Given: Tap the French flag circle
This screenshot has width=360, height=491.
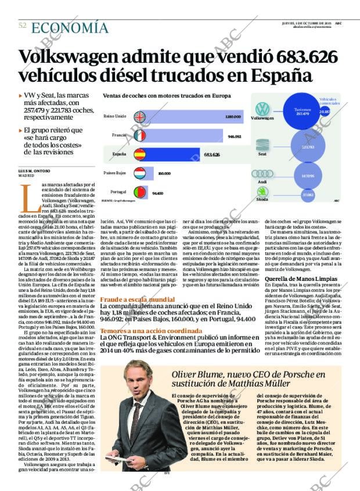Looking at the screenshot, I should [x=139, y=136].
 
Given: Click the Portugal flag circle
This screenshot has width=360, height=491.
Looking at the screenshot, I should [x=139, y=193].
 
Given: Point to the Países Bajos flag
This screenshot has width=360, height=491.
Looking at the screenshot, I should [x=139, y=174].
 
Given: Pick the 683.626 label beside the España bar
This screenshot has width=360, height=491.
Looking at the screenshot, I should [x=212, y=156].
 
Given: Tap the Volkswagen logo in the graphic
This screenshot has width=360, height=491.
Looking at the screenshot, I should [x=262, y=109].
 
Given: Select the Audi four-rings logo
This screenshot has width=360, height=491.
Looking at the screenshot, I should [x=262, y=174].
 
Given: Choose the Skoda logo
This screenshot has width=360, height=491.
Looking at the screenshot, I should [x=262, y=192].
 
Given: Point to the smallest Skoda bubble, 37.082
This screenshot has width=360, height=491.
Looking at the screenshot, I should [x=308, y=195].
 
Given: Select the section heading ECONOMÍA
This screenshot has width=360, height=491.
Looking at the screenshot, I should [x=70, y=27].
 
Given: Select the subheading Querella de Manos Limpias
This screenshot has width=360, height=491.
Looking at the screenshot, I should [x=296, y=279].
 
